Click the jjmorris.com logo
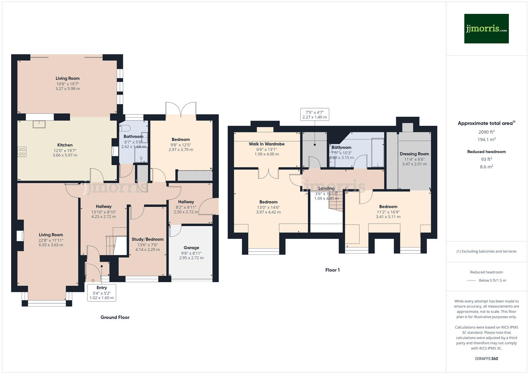click(x=486, y=29)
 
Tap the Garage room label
click(x=191, y=248)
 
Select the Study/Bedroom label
click(x=148, y=239)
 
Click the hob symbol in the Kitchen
click(x=22, y=152)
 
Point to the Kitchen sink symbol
click(x=39, y=124)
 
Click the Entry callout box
click(x=102, y=293)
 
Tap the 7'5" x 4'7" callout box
click(x=314, y=115)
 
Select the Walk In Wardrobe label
click(x=266, y=144)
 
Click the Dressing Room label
click(x=414, y=154)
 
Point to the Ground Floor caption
click(x=115, y=317)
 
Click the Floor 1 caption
click(x=332, y=270)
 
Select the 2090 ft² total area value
click(x=486, y=132)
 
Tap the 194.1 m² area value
click(x=486, y=140)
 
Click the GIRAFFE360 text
click(x=486, y=358)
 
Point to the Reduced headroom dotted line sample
click(x=471, y=280)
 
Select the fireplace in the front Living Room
click(x=20, y=236)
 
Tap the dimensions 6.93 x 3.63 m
click(x=51, y=245)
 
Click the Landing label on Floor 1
click(x=326, y=188)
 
